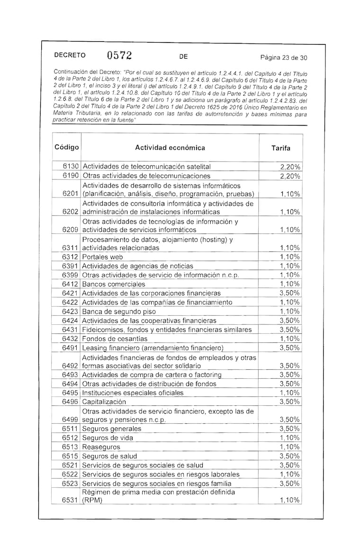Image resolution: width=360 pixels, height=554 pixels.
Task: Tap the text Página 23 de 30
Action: (284, 58)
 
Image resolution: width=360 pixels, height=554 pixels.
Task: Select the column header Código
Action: (67, 147)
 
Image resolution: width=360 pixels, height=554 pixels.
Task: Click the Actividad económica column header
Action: (170, 148)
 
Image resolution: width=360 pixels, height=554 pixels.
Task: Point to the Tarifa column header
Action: (281, 148)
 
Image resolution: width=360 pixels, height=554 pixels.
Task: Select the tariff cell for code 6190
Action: (290, 176)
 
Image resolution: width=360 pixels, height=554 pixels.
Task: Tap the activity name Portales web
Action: (102, 257)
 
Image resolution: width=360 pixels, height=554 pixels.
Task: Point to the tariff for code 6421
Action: (290, 294)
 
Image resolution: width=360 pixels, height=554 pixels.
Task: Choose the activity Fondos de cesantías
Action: (115, 339)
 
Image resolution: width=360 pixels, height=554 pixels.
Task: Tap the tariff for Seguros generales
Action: (290, 429)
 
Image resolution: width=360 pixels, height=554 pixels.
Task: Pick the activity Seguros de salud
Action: (109, 456)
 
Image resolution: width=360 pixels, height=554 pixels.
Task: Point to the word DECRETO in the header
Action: (70, 55)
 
